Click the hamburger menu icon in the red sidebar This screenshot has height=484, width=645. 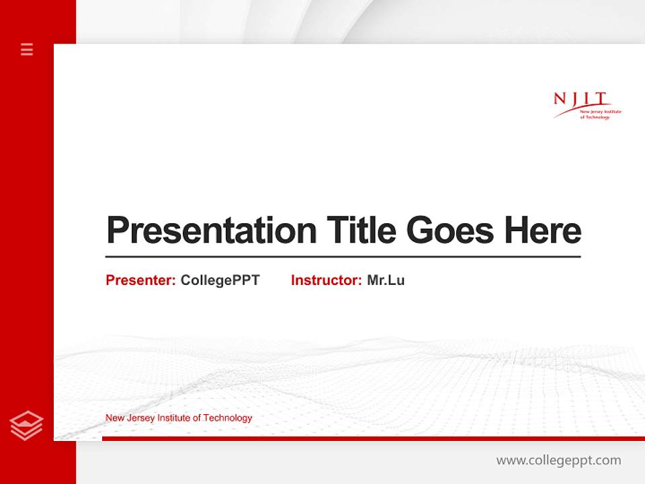pyautogui.click(x=27, y=49)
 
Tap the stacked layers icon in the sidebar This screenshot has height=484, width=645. pyautogui.click(x=27, y=425)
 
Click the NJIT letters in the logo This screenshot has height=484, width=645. pyautogui.click(x=580, y=99)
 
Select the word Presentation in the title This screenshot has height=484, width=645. pyautogui.click(x=211, y=231)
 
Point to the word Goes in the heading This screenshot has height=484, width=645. pyautogui.click(x=450, y=231)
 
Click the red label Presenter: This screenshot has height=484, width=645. pyautogui.click(x=140, y=280)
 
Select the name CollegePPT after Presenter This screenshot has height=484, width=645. pyautogui.click(x=220, y=280)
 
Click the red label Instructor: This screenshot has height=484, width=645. pyautogui.click(x=326, y=280)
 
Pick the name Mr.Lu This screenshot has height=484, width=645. pyautogui.click(x=386, y=280)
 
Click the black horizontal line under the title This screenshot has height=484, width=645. pyautogui.click(x=343, y=256)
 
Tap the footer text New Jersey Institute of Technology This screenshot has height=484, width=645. pyautogui.click(x=179, y=418)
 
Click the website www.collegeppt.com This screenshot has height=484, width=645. pyautogui.click(x=558, y=460)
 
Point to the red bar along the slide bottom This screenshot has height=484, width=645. pyautogui.click(x=373, y=438)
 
